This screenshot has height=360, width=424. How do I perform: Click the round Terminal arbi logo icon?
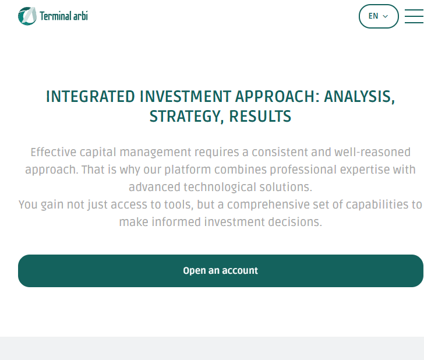[27, 16]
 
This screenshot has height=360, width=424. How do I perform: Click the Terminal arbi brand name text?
[64, 16]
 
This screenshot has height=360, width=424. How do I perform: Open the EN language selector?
[379, 16]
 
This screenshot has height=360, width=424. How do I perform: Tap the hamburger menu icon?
[414, 16]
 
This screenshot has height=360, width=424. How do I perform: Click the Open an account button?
[221, 271]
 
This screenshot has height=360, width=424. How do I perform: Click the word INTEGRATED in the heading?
[90, 97]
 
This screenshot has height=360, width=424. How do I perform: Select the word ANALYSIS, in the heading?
[360, 97]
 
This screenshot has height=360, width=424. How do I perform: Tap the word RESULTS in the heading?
[260, 117]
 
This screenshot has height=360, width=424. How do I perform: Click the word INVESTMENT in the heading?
[185, 97]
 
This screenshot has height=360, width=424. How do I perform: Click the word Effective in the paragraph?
[53, 152]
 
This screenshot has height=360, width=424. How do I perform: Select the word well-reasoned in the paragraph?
[372, 152]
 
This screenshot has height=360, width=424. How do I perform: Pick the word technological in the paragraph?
[220, 187]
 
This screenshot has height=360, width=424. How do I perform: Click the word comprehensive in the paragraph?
[268, 204]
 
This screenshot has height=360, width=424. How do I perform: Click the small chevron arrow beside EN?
[386, 16]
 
